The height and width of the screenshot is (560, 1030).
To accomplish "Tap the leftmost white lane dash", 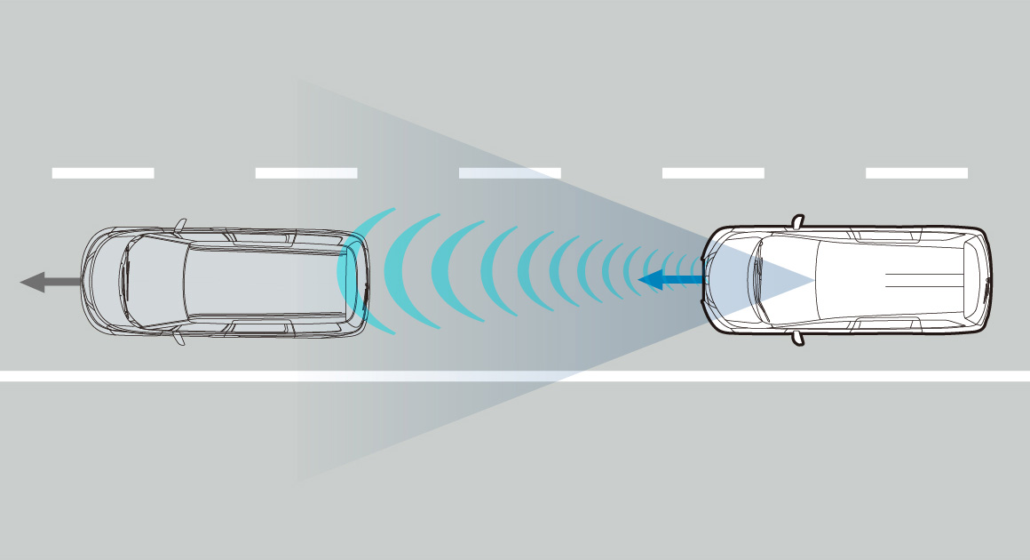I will coord(103,172).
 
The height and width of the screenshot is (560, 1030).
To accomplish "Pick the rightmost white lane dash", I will coord(916,172).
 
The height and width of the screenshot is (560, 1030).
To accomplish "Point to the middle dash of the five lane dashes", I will coord(510,172).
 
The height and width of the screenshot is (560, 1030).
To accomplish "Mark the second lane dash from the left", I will coord(306,172).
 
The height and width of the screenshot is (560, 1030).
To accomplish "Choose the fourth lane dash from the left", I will coord(713,172).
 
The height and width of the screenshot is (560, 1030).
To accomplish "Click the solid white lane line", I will coord(515,376).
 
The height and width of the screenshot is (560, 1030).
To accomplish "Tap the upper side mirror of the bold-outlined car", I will coord(797,220).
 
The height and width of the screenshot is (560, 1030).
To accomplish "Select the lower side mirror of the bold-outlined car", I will coord(797,338).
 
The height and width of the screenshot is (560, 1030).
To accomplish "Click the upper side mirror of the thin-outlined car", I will coord(180,226).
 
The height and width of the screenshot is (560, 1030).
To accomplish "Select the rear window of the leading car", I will coord(352,281).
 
